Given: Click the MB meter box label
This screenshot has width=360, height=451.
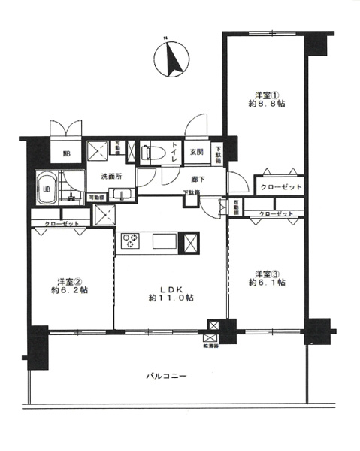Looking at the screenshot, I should click(66, 155).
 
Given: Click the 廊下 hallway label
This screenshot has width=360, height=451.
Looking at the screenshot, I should click(198, 180).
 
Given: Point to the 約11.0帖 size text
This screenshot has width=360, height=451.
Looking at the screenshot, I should click(169, 298).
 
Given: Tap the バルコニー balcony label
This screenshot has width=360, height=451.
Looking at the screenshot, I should click(167, 377).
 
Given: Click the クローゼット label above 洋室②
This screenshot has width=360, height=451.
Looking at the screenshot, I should click(57, 224).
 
